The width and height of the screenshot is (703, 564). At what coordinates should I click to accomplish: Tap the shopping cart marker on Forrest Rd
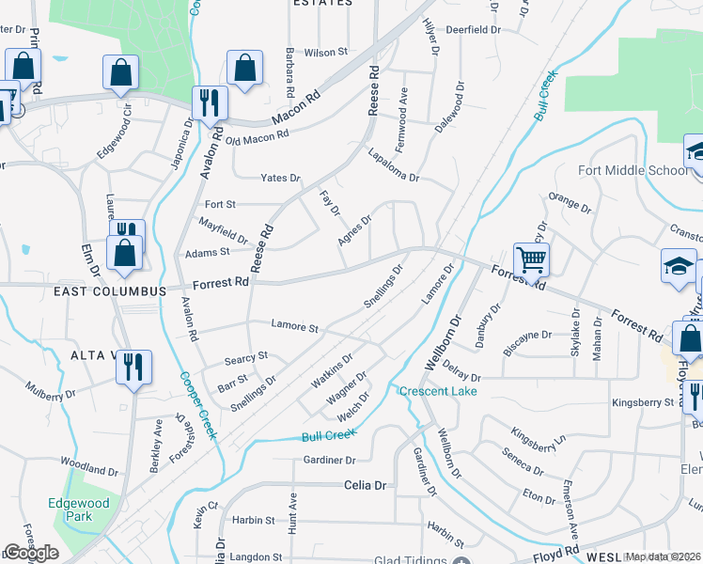tap(531, 259)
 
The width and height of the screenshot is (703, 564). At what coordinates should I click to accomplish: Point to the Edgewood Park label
tap(79, 510)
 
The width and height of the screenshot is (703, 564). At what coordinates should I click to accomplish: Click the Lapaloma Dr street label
tap(393, 164)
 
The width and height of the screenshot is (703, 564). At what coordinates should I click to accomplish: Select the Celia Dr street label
tap(365, 485)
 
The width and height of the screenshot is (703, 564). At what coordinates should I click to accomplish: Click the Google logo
tap(31, 553)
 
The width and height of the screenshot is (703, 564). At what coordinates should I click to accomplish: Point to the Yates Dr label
tap(280, 178)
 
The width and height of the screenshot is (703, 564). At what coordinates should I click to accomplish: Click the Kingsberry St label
tap(643, 402)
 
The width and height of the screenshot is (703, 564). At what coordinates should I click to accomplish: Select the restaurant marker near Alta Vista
tap(133, 368)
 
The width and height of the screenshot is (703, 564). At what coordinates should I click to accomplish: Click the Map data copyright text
tap(664, 556)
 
